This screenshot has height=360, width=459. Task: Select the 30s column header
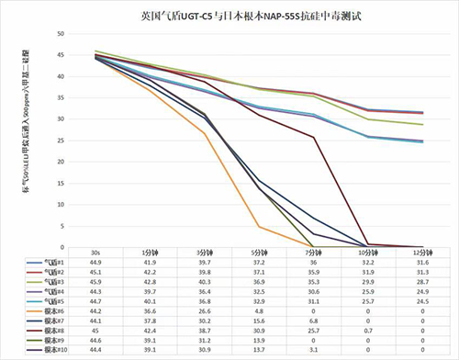pyautogui.click(x=95, y=253)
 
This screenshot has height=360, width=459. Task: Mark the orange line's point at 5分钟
pyautogui.click(x=260, y=226)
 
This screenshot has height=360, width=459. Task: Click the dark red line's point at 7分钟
pyautogui.click(x=315, y=138)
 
